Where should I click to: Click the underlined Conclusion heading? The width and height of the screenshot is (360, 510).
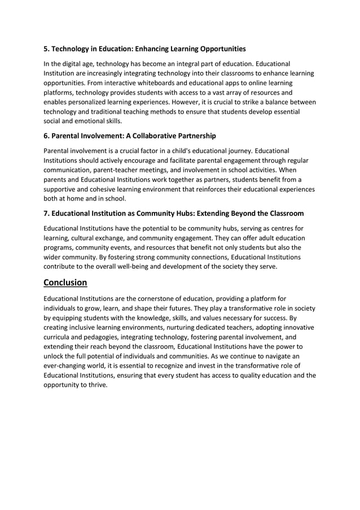65,282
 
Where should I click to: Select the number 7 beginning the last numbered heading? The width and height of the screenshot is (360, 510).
46,213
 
